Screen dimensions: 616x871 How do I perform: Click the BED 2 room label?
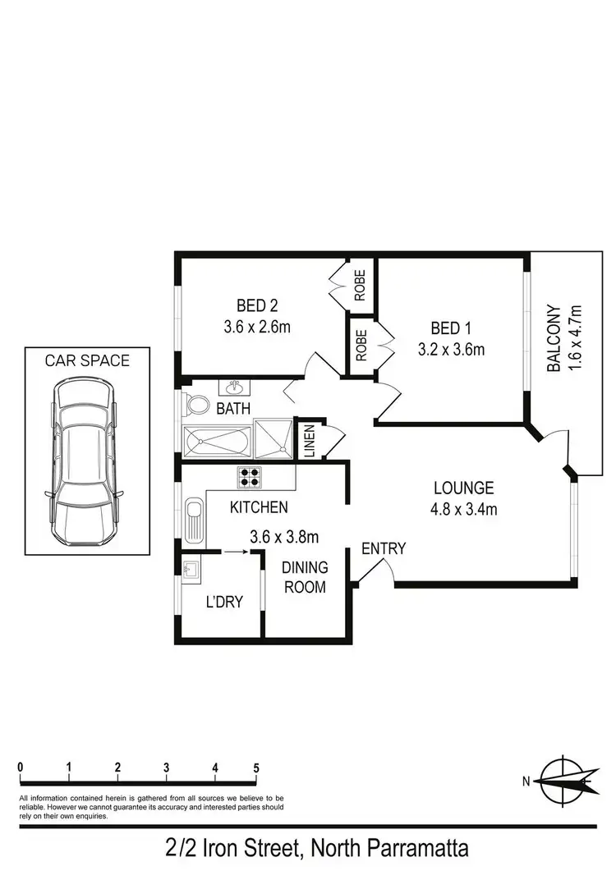[257, 306]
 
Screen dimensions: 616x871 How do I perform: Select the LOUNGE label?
[465, 487]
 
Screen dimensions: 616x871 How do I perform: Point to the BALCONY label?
[555, 339]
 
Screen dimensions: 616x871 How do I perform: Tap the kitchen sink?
[194, 520]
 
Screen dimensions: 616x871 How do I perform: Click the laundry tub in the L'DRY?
[191, 568]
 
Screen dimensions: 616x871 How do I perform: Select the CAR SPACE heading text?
[87, 360]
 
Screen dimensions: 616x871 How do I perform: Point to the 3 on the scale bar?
[167, 768]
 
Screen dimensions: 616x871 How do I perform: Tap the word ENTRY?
[384, 548]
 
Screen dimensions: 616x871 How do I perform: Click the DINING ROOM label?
[305, 577]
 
